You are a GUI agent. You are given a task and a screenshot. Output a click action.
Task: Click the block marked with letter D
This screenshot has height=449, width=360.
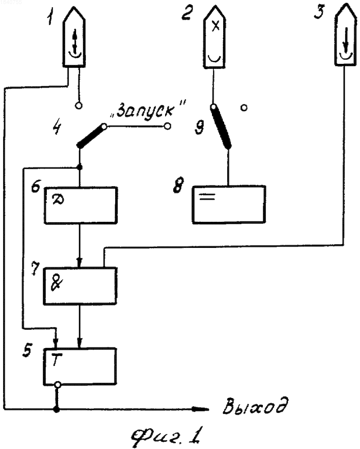[81, 205]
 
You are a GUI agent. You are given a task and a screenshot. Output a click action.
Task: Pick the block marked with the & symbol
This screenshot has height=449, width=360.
[80, 286]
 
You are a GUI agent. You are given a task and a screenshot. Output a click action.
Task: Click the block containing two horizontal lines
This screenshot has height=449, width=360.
[229, 204]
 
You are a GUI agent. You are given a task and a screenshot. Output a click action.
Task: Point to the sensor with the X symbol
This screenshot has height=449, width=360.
[215, 39]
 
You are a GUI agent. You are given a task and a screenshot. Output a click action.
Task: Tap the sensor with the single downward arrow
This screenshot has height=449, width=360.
[346, 36]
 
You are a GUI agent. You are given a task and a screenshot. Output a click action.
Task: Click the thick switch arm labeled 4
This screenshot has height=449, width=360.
[91, 136]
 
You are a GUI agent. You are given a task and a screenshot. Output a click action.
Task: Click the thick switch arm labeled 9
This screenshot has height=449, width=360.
[221, 127]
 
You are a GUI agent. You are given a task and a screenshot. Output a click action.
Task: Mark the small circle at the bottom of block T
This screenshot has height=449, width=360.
[58, 385]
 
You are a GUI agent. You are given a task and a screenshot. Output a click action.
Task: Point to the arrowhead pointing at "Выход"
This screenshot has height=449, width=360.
[201, 409]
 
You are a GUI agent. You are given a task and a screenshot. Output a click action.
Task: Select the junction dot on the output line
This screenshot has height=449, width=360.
[57, 410]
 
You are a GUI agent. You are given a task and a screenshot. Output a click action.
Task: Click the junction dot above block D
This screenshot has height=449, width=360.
[80, 167]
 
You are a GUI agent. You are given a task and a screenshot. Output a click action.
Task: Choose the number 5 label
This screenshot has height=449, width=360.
[27, 350]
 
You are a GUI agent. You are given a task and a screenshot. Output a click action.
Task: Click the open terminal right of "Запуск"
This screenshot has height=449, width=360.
[168, 126]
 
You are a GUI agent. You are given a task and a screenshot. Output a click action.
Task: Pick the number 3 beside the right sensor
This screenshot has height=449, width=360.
[320, 12]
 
